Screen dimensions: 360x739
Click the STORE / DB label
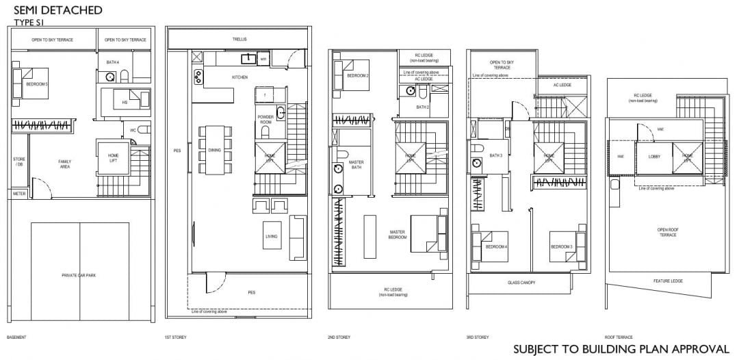[x=19, y=162]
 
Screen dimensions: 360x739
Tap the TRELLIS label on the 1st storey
[x=238, y=40]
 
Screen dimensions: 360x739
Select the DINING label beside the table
[x=214, y=150]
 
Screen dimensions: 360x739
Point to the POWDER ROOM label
[x=265, y=118]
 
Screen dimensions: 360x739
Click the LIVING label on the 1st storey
[x=272, y=237]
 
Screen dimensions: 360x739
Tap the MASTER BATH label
[x=356, y=165]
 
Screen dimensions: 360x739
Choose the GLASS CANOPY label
[x=521, y=283]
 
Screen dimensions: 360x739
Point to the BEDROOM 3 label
[x=562, y=246]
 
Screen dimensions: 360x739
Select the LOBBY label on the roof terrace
[x=653, y=156]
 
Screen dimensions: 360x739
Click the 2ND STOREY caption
[x=339, y=337]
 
